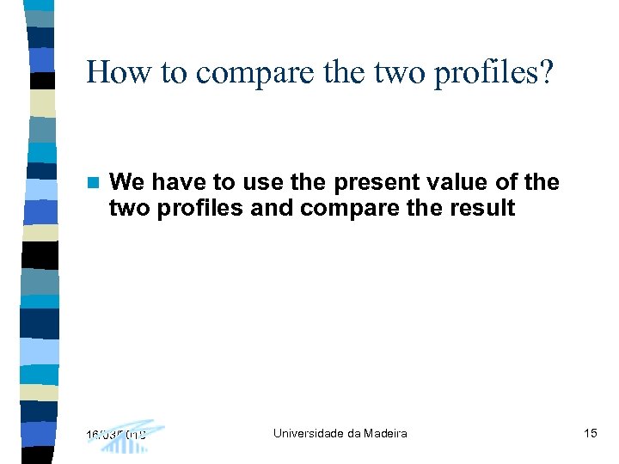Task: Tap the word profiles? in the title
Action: click(x=495, y=72)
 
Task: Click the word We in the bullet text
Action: click(x=127, y=182)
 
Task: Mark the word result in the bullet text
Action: click(x=483, y=208)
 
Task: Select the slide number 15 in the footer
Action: click(x=590, y=433)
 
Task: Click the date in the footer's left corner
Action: click(x=116, y=435)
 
